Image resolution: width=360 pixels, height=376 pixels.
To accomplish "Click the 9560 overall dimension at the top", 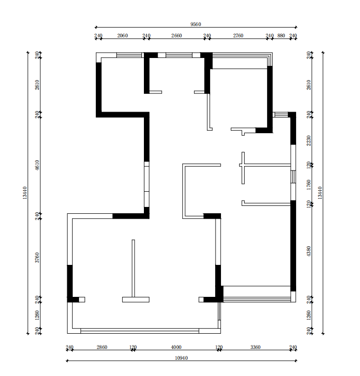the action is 195,24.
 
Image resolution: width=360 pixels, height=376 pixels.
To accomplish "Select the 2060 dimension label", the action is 122,35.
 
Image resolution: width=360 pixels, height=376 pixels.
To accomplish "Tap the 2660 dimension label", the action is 177,35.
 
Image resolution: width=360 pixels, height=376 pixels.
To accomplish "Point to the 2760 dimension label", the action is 238,35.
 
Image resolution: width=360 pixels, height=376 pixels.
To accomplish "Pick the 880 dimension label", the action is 281,35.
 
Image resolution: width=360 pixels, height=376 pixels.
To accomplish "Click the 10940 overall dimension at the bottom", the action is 181,358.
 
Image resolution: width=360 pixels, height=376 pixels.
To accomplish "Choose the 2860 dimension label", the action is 102,347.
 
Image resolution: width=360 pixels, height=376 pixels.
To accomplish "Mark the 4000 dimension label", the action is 176,347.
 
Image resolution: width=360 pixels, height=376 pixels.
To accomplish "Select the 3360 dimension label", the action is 255,347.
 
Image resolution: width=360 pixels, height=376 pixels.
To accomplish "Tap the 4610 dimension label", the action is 37,165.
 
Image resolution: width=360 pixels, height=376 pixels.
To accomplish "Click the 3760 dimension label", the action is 37,258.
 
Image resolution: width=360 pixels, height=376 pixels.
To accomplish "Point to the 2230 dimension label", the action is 309,141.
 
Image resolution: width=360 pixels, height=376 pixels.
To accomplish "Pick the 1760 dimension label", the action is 309,185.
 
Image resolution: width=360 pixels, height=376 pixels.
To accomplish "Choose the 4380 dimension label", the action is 309,251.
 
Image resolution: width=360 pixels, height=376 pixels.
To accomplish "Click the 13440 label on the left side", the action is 25,193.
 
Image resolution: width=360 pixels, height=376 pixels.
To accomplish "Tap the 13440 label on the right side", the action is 320,193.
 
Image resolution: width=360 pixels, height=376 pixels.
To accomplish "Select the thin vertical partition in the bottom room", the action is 133,268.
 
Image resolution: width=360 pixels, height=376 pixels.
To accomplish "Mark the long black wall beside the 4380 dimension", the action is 293,246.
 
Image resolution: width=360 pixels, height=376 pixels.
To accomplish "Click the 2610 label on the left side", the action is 37,85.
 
